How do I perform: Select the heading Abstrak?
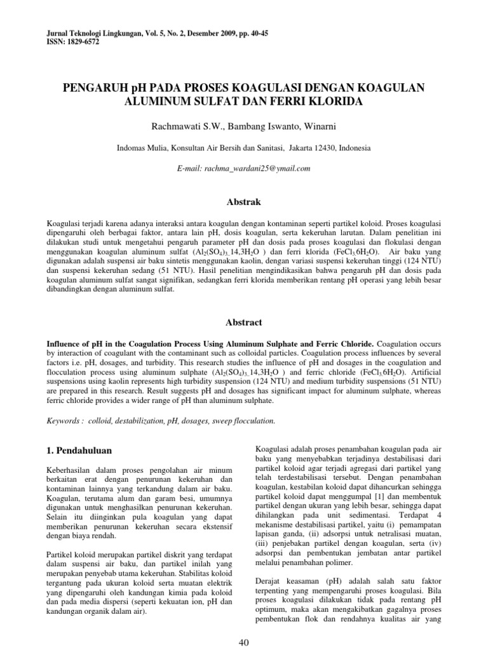243,202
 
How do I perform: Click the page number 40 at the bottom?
243,642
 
